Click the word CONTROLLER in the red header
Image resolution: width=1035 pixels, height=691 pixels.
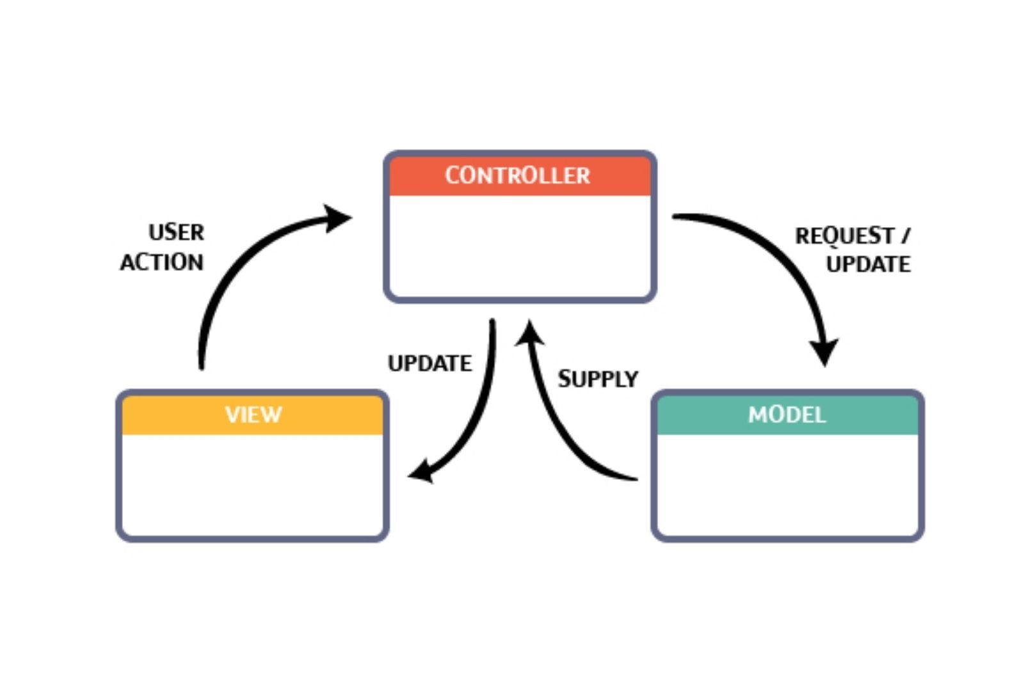(517, 175)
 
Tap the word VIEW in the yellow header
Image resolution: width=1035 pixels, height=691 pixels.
(253, 415)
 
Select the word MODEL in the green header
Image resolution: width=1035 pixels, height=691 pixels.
(787, 415)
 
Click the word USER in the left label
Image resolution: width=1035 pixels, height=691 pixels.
(176, 232)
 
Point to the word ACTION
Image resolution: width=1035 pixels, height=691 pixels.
(162, 262)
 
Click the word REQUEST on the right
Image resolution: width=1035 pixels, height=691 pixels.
(844, 236)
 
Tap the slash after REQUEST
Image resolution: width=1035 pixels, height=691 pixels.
(905, 235)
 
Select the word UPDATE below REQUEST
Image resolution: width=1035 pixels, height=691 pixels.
(868, 264)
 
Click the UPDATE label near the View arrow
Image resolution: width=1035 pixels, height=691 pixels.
(429, 363)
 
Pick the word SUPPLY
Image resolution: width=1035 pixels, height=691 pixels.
(598, 379)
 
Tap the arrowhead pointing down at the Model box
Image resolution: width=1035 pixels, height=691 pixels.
(824, 353)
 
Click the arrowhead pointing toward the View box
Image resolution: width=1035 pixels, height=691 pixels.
(422, 472)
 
